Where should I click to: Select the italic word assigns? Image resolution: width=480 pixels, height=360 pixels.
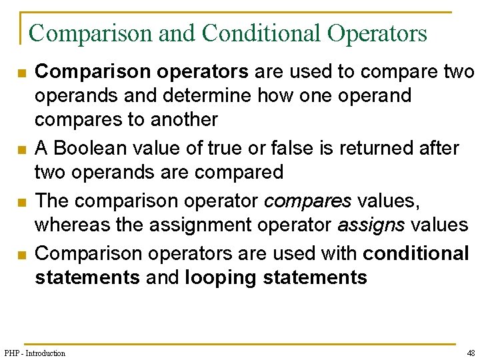coord(371,225)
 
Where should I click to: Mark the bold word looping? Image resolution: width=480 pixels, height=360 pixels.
coord(221,277)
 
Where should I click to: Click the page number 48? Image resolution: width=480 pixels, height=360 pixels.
coord(471,353)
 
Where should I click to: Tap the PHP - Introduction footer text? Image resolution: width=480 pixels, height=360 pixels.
coord(35,353)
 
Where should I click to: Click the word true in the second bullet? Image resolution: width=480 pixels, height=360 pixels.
coord(241,148)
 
